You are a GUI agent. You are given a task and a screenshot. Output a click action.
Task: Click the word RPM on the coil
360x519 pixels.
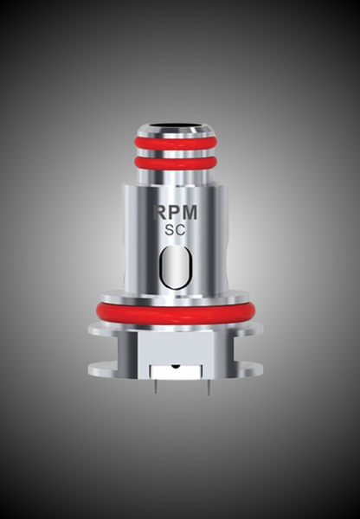175,213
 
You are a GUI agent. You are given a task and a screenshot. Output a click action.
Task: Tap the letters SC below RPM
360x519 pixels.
175,230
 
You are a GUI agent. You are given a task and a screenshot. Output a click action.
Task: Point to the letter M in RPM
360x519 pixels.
190,213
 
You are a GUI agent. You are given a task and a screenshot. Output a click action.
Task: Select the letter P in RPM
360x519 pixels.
174,213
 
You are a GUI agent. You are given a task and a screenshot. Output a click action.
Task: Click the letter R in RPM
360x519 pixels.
159,213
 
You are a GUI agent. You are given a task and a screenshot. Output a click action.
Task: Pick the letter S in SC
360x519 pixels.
170,230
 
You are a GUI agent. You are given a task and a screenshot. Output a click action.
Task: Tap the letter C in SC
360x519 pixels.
181,230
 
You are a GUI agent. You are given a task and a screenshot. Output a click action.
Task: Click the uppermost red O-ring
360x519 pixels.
176,142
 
